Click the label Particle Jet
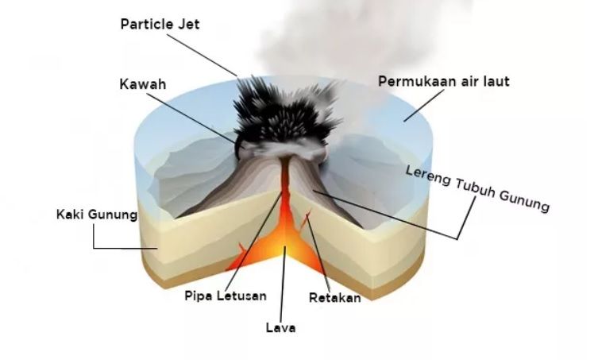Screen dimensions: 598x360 (x=160, y=25)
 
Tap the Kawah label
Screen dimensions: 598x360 (x=143, y=84)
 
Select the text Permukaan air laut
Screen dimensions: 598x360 (x=444, y=81)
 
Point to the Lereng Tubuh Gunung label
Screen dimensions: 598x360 (x=477, y=188)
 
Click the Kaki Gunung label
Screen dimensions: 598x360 (x=97, y=215)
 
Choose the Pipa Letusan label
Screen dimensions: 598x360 (x=226, y=296)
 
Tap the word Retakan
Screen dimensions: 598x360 (x=335, y=298)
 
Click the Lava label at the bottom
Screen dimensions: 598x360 (x=280, y=327)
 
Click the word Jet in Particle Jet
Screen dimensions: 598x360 (x=188, y=25)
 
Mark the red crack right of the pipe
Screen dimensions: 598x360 (x=305, y=219)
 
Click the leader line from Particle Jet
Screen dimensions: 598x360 (x=202, y=55)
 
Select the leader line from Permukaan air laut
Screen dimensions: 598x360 (x=424, y=106)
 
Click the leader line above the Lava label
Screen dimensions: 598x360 (x=283, y=284)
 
